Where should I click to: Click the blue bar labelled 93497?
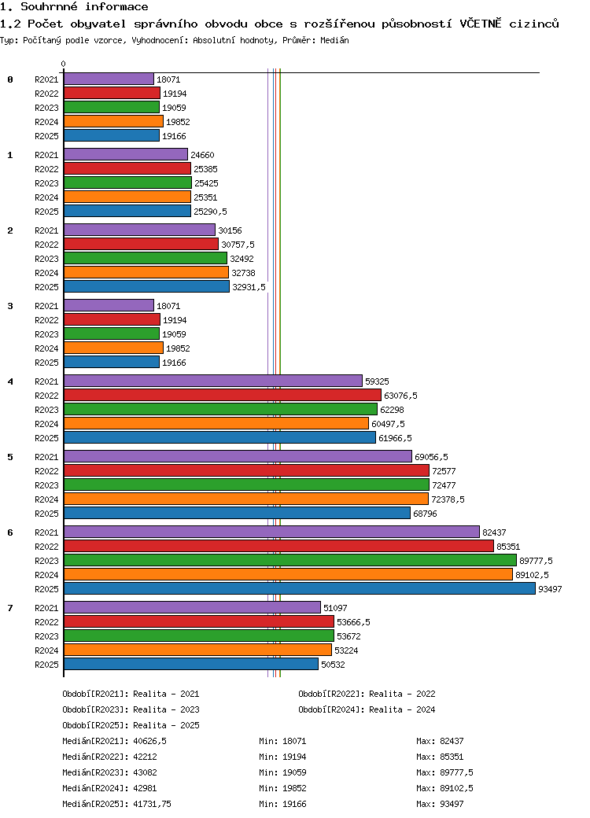pyautogui.click(x=299, y=588)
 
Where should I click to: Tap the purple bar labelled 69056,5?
pyautogui.click(x=238, y=456)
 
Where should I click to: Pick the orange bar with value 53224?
pyautogui.click(x=197, y=650)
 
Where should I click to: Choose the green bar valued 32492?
pyautogui.click(x=146, y=258)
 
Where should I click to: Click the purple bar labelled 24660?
pyautogui.click(x=126, y=154)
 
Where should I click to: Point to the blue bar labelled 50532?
pyautogui.click(x=191, y=664)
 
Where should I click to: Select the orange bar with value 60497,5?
pyautogui.click(x=216, y=423)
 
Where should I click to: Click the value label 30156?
pyautogui.click(x=230, y=230)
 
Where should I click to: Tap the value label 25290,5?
pyautogui.click(x=210, y=212)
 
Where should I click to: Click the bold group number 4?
pyautogui.click(x=10, y=381)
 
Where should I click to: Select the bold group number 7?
pyautogui.click(x=10, y=608)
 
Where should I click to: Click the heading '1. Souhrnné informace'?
pyautogui.click(x=74, y=7)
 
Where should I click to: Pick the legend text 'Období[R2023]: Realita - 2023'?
pyautogui.click(x=131, y=709)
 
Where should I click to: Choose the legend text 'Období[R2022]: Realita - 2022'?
pyautogui.click(x=367, y=694)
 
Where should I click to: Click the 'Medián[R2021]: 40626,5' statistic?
pyautogui.click(x=114, y=741)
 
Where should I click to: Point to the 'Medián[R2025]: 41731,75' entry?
pyautogui.click(x=117, y=804)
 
